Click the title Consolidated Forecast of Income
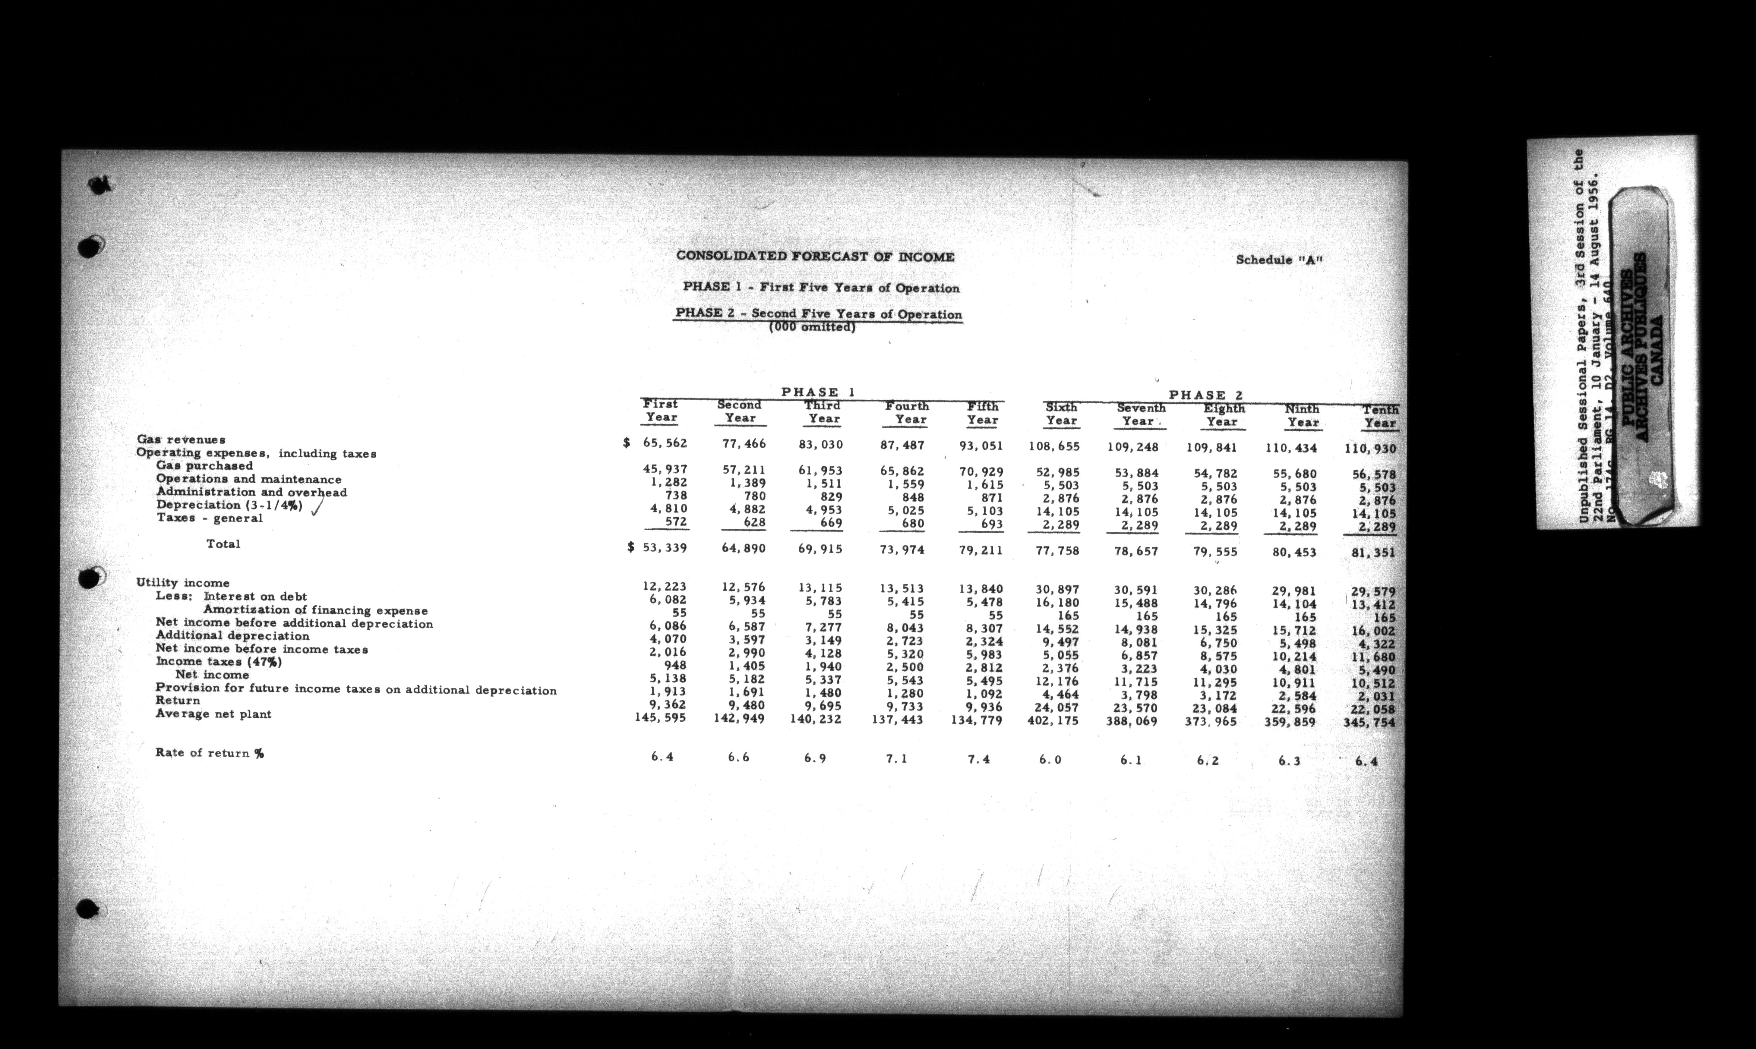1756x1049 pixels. [815, 257]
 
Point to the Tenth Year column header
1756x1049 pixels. [1380, 416]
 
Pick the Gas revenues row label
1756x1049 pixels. [181, 440]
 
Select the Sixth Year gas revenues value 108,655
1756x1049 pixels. [1053, 447]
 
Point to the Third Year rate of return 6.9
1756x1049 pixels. [815, 758]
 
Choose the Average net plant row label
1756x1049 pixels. [213, 714]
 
